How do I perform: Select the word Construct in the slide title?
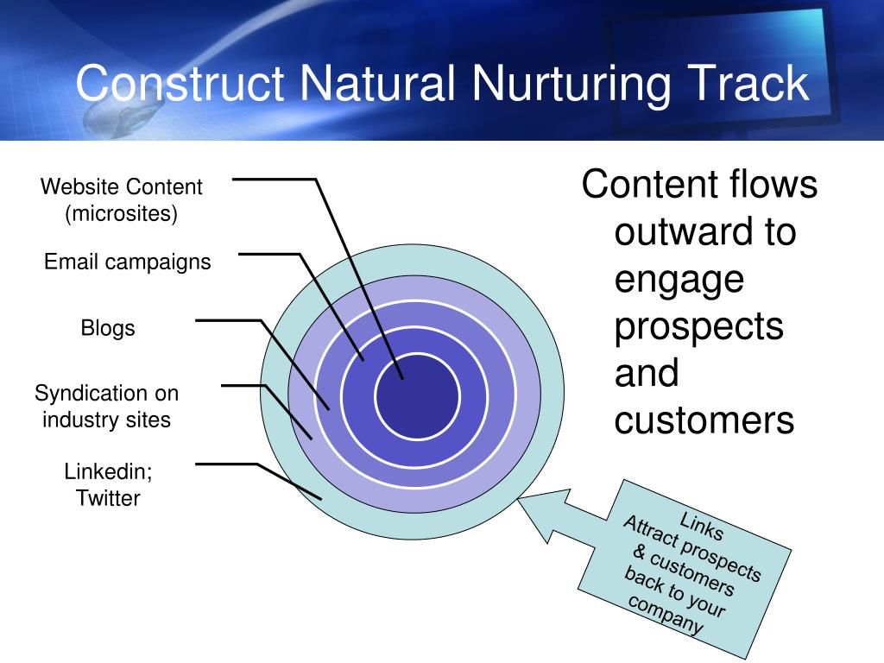click(x=180, y=84)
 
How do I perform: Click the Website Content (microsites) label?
click(x=121, y=199)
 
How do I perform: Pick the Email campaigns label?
click(x=127, y=262)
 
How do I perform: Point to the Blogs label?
click(x=108, y=328)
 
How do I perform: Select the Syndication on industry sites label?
click(x=106, y=407)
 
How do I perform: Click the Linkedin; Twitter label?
click(x=108, y=485)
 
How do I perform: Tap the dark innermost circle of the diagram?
click(x=417, y=396)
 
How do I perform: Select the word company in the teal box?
click(x=665, y=615)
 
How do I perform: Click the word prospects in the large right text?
click(x=698, y=325)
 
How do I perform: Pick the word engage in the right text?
click(x=679, y=280)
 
